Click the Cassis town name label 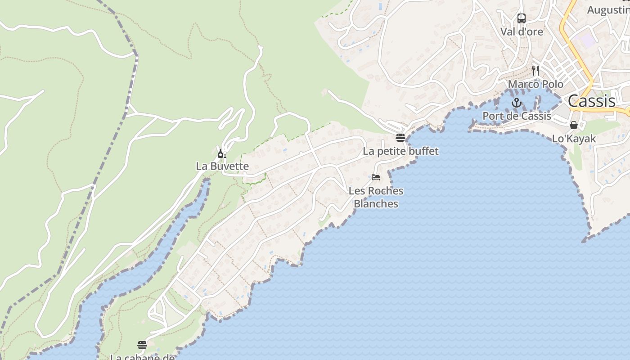pos(591,101)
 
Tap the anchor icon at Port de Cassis pos(517,103)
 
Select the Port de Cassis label pos(517,116)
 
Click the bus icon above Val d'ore pos(522,18)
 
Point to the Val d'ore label pos(522,32)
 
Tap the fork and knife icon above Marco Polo pos(535,71)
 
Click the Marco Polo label pos(535,84)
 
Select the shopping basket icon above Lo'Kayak pos(574,125)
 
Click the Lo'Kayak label pos(574,139)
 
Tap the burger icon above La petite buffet pos(400,137)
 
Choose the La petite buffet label pos(400,151)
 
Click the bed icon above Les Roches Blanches pos(376,177)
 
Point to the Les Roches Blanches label pos(376,197)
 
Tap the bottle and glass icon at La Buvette pos(222,154)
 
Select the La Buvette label pos(222,166)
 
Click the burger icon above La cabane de pos(142,345)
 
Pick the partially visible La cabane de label pos(142,357)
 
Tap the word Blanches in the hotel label pos(376,204)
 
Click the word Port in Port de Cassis pos(493,116)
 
